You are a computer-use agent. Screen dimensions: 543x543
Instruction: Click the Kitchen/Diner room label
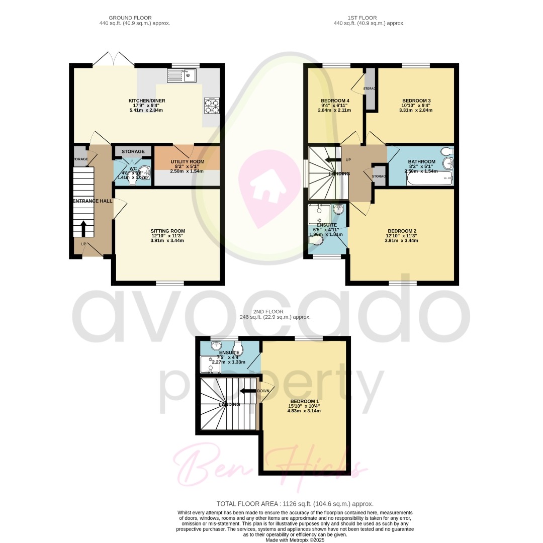[146, 101]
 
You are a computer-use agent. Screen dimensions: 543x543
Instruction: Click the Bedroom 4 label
[335, 101]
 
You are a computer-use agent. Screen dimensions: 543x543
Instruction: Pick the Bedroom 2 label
[401, 231]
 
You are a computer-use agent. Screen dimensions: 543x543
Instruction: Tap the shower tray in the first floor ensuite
[319, 214]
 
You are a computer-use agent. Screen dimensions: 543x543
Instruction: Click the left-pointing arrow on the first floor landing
[332, 160]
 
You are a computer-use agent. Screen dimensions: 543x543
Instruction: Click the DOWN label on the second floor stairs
[263, 391]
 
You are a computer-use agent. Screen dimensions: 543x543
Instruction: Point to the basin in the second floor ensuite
[217, 345]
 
